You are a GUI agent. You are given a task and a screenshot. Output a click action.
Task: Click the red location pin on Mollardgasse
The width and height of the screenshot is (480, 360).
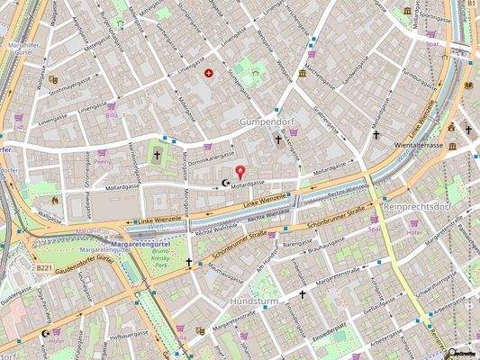(240, 171)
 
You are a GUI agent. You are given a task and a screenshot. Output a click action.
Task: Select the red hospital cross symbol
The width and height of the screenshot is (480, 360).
(210, 73)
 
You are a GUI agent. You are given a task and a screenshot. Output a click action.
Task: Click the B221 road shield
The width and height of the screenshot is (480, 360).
(44, 267)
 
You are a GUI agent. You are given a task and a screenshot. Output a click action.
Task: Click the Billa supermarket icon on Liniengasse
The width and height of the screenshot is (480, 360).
(112, 106)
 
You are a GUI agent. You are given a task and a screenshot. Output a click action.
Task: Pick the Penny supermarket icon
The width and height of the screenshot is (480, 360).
(102, 154)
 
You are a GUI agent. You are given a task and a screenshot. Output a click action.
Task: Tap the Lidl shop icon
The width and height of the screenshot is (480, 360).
(19, 116)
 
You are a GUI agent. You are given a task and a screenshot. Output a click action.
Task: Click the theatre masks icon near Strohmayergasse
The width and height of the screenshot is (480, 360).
(53, 79)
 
